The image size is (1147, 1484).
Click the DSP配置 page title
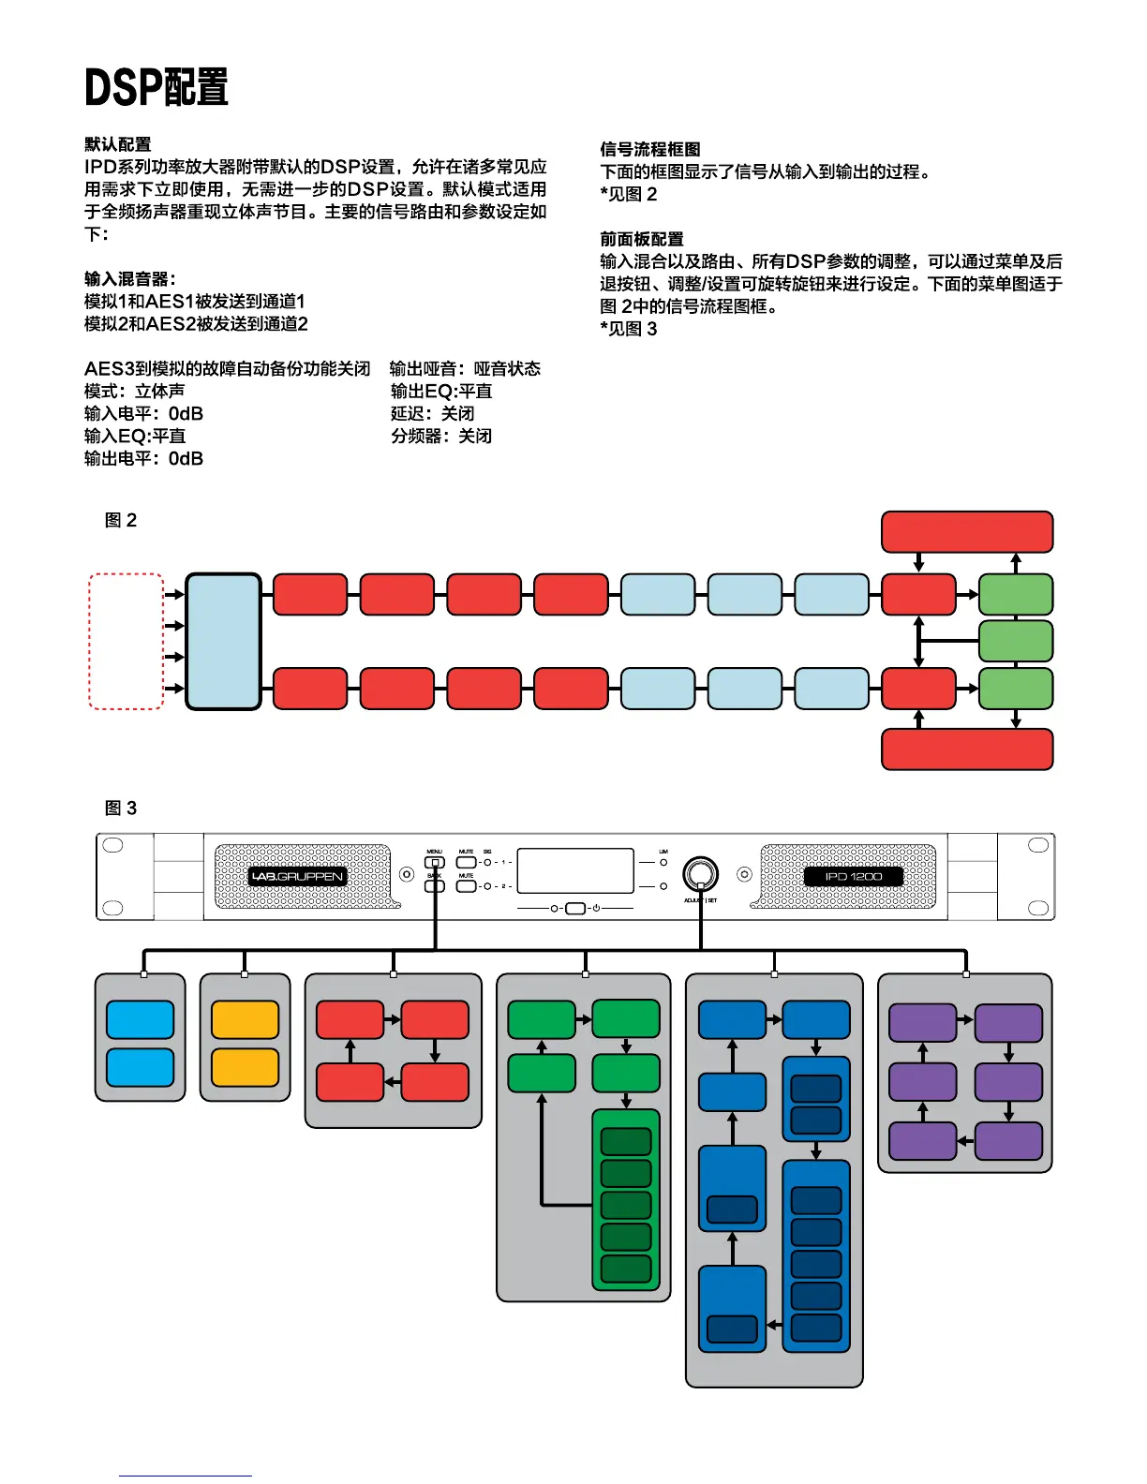156,87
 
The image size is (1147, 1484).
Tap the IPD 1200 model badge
853,877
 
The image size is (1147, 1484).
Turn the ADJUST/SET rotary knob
700,873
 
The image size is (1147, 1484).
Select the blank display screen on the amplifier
575,871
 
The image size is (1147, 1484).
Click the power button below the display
575,909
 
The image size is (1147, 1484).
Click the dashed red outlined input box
127,642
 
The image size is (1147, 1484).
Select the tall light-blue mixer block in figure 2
224,642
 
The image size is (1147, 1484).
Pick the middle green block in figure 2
1016,642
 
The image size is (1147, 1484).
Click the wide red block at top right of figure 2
967,532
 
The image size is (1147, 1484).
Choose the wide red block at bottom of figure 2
967,749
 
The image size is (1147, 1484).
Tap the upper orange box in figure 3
245,1020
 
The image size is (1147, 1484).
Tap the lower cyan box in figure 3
141,1068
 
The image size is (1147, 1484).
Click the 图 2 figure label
121,521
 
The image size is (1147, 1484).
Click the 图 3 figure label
121,809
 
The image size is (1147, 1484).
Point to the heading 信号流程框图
650,150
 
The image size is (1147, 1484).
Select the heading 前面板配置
642,240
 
